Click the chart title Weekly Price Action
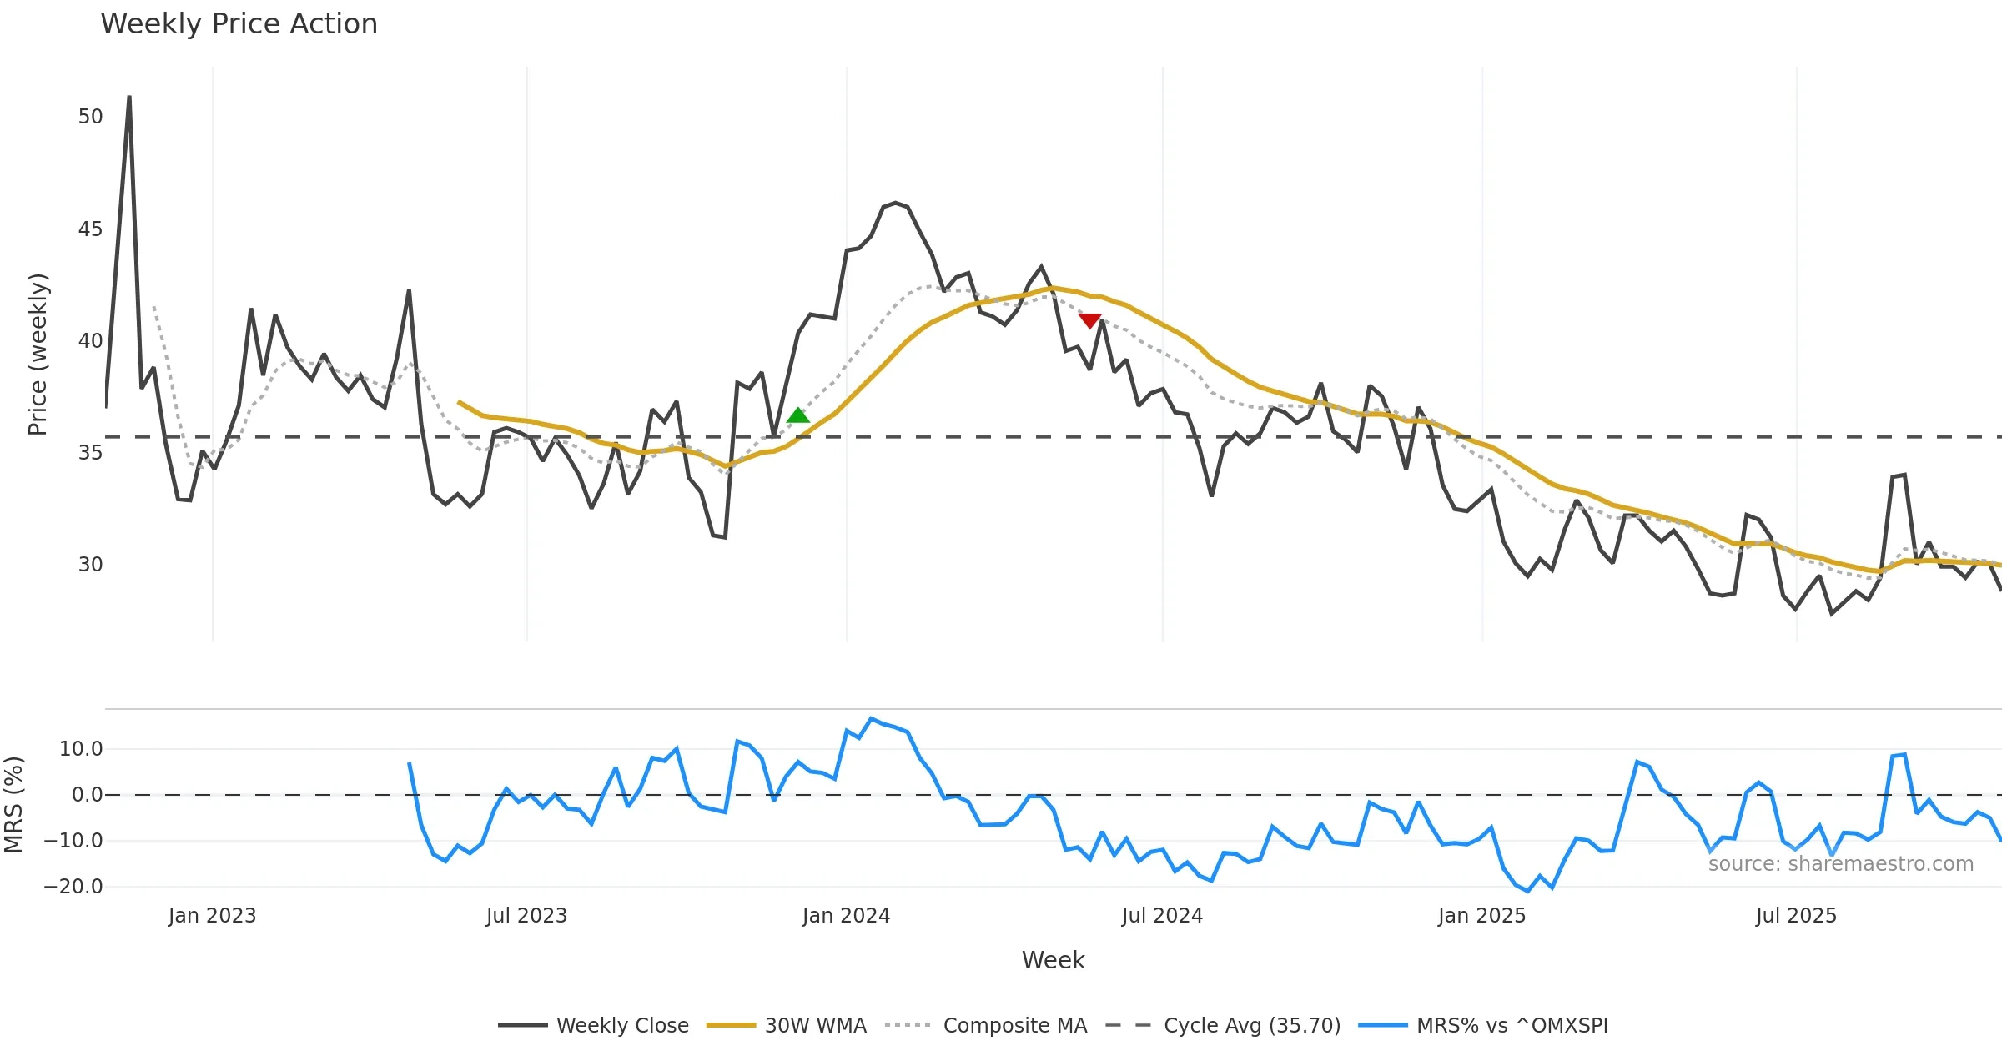pyautogui.click(x=239, y=24)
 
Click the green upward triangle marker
pyautogui.click(x=798, y=415)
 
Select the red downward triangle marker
pyautogui.click(x=1090, y=320)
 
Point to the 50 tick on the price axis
pyautogui.click(x=90, y=117)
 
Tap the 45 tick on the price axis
pyautogui.click(x=90, y=229)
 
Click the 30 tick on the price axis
pyautogui.click(x=90, y=565)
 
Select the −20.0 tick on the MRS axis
pyautogui.click(x=73, y=887)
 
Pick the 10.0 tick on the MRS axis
pyautogui.click(x=81, y=749)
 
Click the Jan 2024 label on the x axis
pyautogui.click(x=846, y=916)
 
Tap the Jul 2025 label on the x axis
pyautogui.click(x=1796, y=916)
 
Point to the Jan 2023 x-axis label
pyautogui.click(x=212, y=916)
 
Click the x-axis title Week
pyautogui.click(x=1053, y=960)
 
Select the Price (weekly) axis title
pyautogui.click(x=38, y=355)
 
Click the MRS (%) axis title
pyautogui.click(x=13, y=805)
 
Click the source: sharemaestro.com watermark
pyautogui.click(x=1840, y=864)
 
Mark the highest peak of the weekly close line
pyautogui.click(x=129, y=97)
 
